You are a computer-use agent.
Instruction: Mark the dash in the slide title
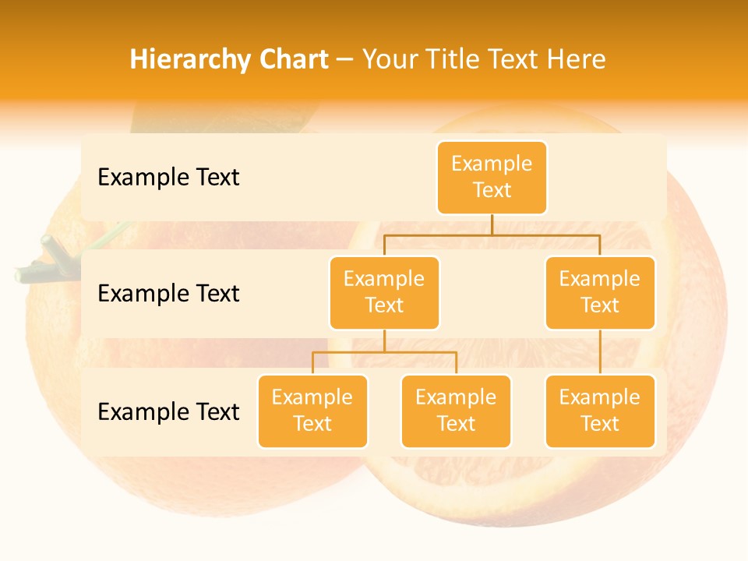click(345, 60)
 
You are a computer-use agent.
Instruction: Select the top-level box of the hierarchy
click(492, 177)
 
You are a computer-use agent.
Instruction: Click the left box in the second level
click(384, 292)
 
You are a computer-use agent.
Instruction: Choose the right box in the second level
click(600, 292)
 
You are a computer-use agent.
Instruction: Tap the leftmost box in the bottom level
click(312, 411)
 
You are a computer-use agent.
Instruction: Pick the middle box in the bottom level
click(456, 411)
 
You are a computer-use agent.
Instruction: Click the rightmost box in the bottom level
click(600, 411)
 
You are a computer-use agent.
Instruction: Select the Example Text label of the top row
click(168, 177)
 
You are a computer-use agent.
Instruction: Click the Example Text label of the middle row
click(168, 293)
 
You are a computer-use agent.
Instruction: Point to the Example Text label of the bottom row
click(168, 411)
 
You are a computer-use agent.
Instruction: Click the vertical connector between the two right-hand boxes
click(600, 351)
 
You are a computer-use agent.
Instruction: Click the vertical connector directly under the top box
click(492, 224)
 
